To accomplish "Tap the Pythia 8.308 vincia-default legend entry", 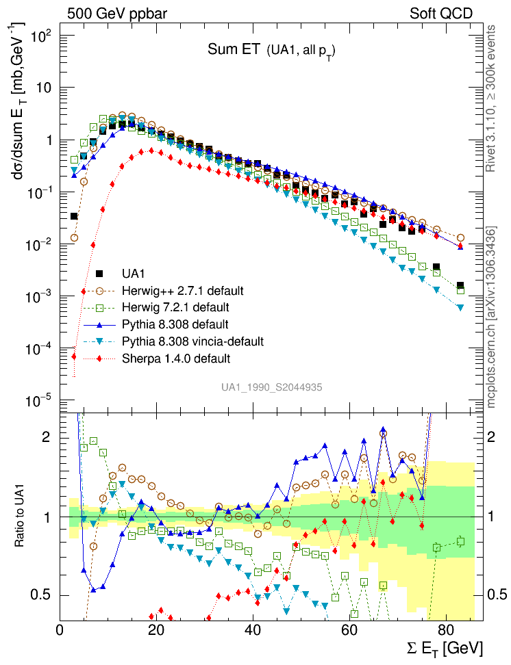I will (192, 341).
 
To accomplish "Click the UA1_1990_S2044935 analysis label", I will (271, 387).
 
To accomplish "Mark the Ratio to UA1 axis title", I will (22, 517).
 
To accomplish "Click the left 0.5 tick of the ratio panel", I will (45, 594).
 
